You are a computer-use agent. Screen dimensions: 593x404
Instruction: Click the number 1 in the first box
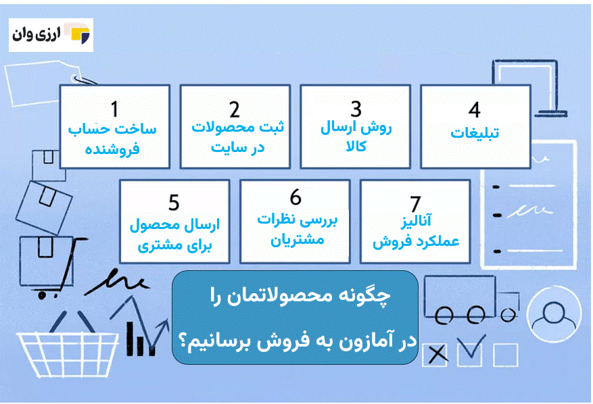pos(114,109)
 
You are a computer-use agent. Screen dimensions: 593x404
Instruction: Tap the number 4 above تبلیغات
pos(474,109)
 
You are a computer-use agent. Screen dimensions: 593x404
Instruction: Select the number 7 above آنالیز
pos(415,204)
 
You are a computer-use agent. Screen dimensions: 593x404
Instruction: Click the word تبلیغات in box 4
pos(475,133)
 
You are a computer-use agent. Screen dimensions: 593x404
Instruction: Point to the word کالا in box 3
pos(356,146)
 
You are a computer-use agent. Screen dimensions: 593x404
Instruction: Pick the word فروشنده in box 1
pos(112,149)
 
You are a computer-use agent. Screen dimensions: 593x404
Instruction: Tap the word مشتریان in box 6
pos(298,240)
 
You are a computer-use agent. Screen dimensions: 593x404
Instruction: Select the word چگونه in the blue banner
pos(365,296)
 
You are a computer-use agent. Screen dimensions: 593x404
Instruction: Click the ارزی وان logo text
pos(37,34)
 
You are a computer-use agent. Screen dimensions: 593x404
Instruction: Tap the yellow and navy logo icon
pos(80,35)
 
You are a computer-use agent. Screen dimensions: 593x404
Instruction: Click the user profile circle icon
pos(554,313)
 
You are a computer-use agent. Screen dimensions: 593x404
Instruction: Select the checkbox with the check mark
pos(470,351)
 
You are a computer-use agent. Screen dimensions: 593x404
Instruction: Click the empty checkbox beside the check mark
pos(506,355)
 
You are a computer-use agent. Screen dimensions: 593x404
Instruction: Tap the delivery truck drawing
pos(471,300)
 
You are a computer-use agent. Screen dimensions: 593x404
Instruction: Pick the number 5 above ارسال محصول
pos(174,203)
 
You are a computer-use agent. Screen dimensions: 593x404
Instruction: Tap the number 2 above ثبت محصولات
pos(235,109)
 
